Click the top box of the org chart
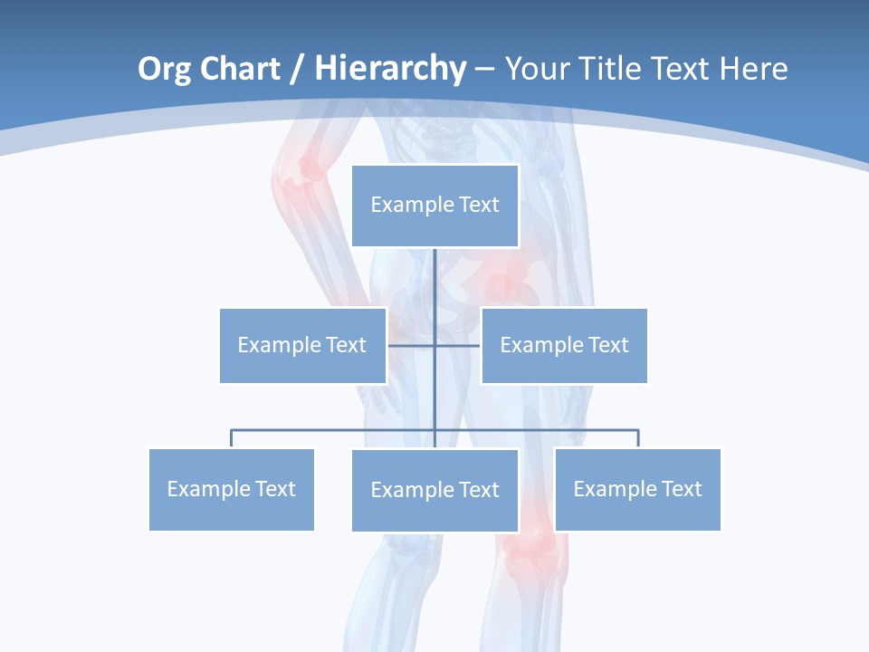click(x=434, y=206)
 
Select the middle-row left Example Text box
click(x=302, y=345)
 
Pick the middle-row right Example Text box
click(x=564, y=345)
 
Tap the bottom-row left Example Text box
click(x=231, y=489)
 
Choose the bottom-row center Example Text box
click(x=434, y=490)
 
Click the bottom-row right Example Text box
click(x=637, y=489)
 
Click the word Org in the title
click(x=163, y=69)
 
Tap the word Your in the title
click(x=536, y=69)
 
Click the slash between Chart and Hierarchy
click(x=299, y=69)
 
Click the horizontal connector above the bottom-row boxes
click(x=335, y=430)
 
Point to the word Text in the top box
click(x=479, y=205)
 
